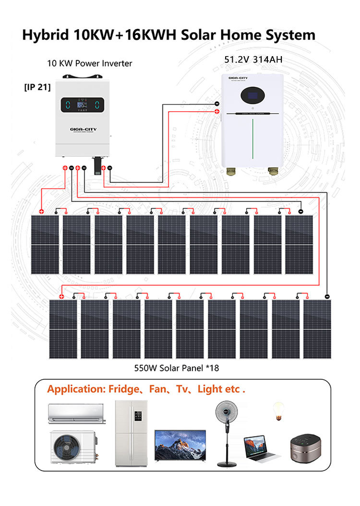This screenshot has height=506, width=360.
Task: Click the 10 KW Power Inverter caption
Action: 89,63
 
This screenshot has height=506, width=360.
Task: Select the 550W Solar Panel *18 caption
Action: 176,368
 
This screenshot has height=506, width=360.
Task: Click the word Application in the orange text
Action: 74,389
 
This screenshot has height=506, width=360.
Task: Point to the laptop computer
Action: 260,448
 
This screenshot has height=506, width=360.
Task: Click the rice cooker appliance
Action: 304,449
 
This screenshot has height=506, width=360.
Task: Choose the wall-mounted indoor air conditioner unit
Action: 76,413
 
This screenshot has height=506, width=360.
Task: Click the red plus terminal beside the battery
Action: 216,111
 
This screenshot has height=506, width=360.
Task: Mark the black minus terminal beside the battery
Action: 216,104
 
